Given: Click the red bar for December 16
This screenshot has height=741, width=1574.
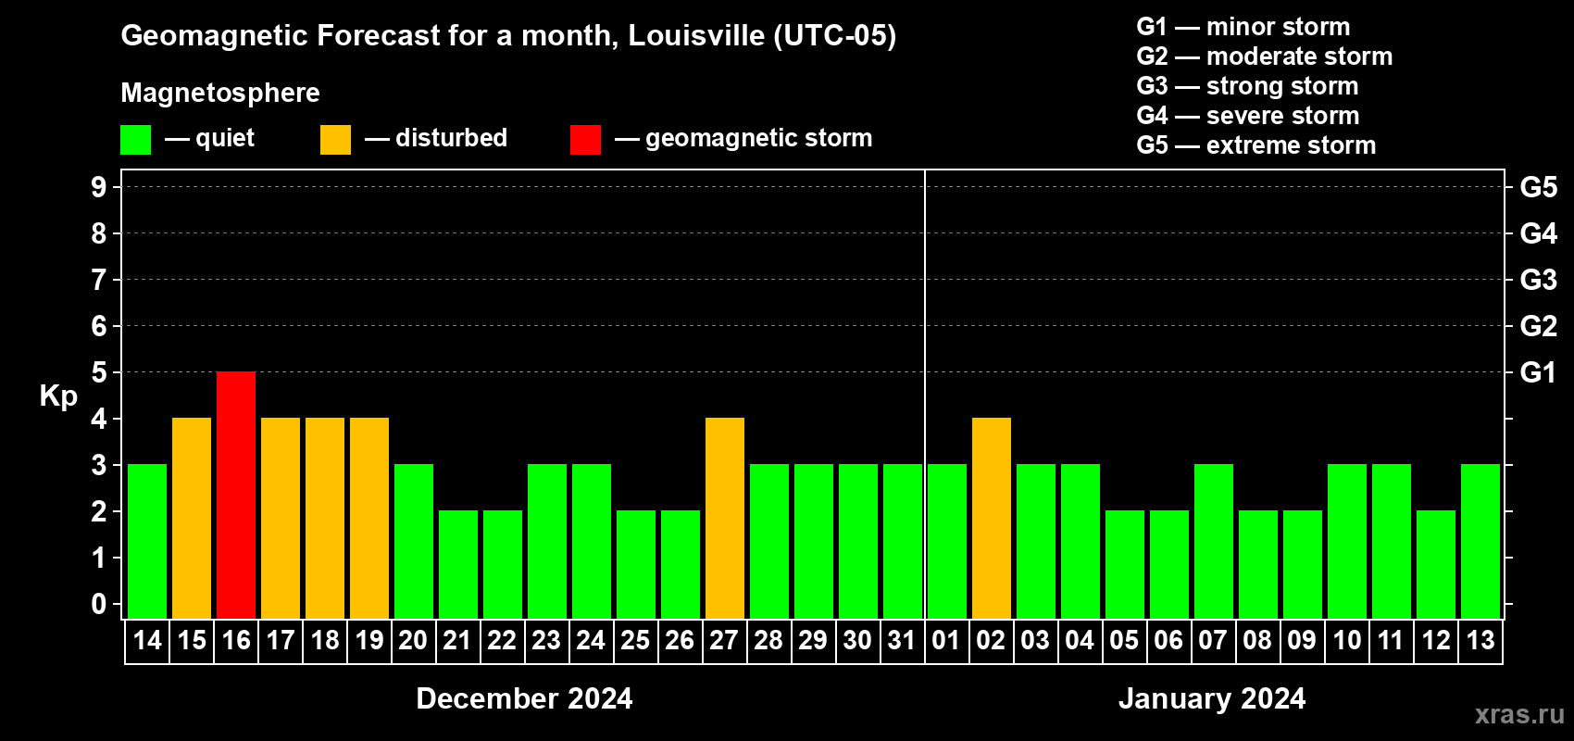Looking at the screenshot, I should (x=236, y=495).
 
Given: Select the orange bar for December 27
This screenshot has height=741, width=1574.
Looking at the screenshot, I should (x=725, y=518).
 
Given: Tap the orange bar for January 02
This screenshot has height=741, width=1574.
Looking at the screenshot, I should (x=992, y=518).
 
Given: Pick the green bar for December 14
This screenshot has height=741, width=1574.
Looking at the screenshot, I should (x=147, y=541).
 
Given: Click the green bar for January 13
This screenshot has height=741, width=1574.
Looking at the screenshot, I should (x=1480, y=541).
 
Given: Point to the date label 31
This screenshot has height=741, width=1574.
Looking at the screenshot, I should (x=902, y=640).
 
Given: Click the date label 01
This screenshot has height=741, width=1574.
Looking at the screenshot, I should (x=946, y=640).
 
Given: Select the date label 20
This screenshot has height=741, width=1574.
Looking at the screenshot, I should (x=413, y=640).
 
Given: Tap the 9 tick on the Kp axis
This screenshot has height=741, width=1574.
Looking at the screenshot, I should (x=99, y=187).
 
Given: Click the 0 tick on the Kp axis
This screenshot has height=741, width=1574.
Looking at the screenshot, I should (x=99, y=604).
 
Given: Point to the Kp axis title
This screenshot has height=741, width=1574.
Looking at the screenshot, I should (x=58, y=396).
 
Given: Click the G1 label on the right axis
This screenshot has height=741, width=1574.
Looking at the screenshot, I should (x=1538, y=372).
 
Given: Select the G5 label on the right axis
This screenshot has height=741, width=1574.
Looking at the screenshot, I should (x=1538, y=187).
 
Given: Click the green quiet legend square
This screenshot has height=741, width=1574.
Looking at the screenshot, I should (x=136, y=140).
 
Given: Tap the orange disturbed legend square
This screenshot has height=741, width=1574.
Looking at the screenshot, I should (x=336, y=140).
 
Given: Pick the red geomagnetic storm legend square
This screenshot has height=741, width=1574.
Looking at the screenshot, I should (x=585, y=140).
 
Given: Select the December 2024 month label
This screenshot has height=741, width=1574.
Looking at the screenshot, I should (x=524, y=697).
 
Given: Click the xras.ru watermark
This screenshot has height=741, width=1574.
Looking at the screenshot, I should (x=1519, y=714).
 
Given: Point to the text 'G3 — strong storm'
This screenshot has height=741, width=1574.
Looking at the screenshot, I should (x=1247, y=86).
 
